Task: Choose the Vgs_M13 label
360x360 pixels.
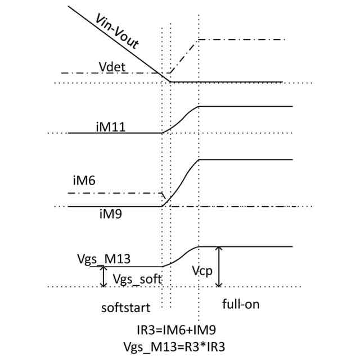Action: click(x=104, y=259)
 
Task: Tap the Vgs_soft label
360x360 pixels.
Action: click(x=137, y=279)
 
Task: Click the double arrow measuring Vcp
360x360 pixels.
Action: click(x=219, y=267)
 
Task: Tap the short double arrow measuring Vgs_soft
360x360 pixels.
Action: click(x=103, y=276)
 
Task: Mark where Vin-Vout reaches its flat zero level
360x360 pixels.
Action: click(x=171, y=82)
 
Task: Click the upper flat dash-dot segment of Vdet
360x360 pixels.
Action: click(x=242, y=40)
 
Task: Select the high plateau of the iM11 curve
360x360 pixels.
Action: click(x=247, y=106)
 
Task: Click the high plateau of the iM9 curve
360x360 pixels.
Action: click(x=247, y=160)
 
